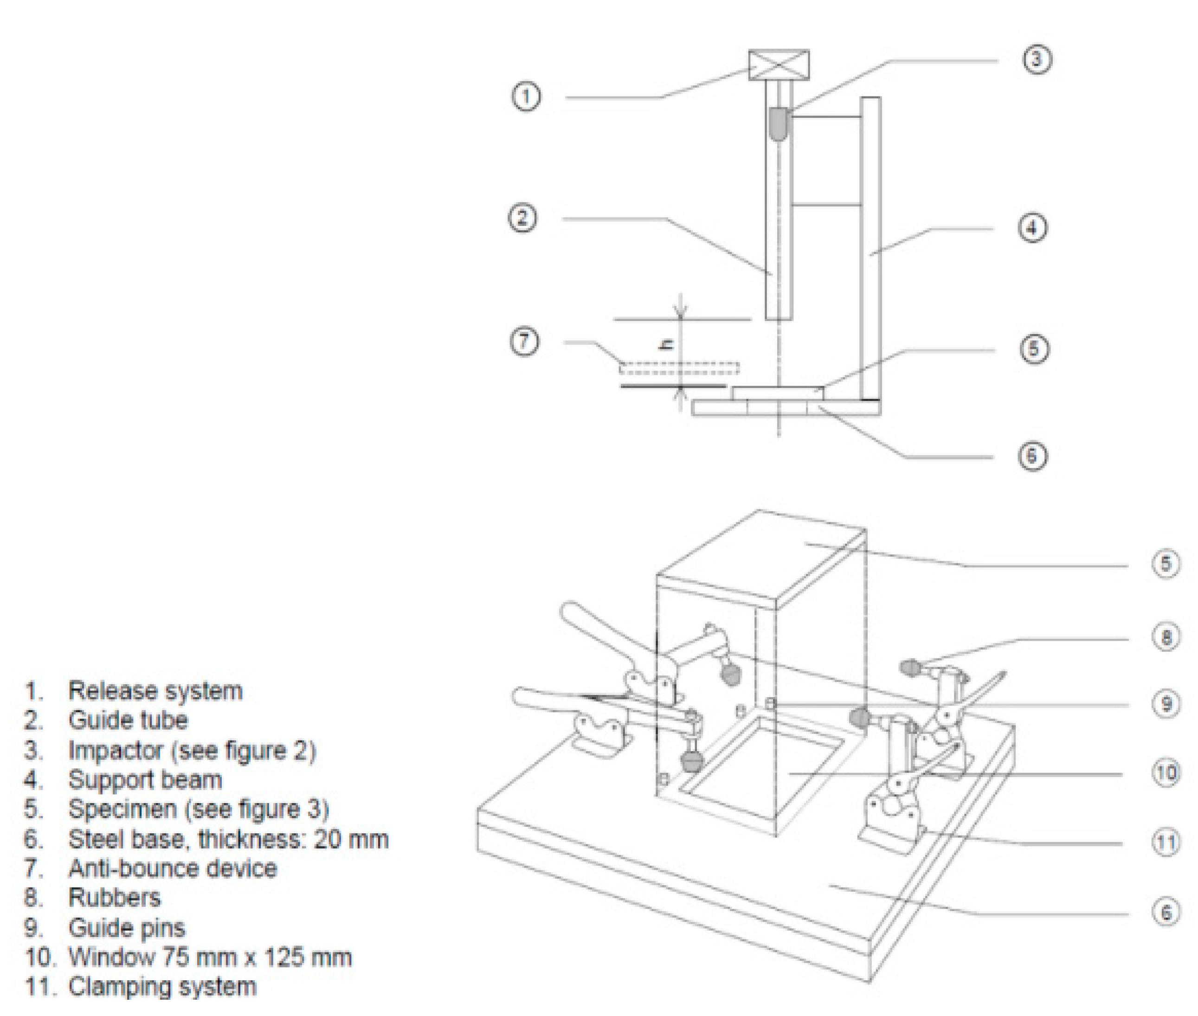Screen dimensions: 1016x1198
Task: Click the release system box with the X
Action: (779, 64)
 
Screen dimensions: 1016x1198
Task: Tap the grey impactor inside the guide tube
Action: (779, 124)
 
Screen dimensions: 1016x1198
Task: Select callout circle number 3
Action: (1037, 59)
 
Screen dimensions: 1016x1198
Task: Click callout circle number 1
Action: (526, 97)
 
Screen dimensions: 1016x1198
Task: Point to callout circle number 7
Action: (524, 341)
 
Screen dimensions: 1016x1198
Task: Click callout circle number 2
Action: (522, 219)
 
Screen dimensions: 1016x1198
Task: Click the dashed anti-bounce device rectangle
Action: (680, 367)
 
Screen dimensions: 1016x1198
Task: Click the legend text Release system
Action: (155, 691)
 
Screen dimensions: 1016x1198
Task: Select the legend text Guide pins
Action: (127, 928)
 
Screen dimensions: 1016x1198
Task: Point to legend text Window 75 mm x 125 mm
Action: (210, 957)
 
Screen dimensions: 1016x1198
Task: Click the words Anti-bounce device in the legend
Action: (172, 868)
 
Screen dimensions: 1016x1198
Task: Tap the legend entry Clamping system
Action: (162, 987)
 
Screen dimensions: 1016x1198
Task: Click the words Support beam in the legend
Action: (145, 780)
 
